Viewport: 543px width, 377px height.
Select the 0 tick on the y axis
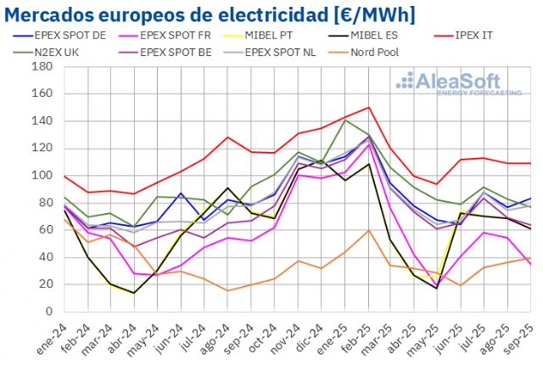(x=49, y=312)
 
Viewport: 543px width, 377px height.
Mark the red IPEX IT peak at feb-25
(x=369, y=107)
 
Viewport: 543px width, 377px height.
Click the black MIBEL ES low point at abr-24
(x=134, y=293)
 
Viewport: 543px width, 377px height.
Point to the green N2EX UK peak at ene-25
(x=345, y=120)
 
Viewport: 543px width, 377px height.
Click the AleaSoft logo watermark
(x=458, y=83)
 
